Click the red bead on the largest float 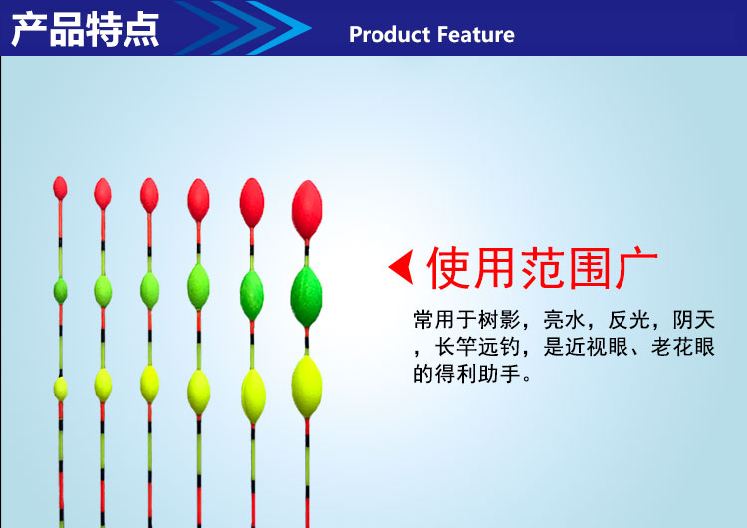[x=307, y=209]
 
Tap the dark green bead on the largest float [x=307, y=297]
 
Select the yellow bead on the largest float [x=307, y=387]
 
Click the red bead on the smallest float [x=60, y=188]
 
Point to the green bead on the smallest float [x=60, y=291]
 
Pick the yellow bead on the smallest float [x=60, y=389]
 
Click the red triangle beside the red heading [x=401, y=267]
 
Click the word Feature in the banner [x=475, y=34]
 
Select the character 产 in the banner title [x=29, y=30]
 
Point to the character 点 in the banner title [x=141, y=30]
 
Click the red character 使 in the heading [x=449, y=268]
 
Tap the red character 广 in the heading [x=637, y=268]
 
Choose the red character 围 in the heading [x=591, y=268]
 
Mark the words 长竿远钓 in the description [x=477, y=347]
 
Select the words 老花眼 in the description [x=682, y=347]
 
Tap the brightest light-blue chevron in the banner [x=279, y=28]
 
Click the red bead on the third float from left [x=149, y=195]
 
